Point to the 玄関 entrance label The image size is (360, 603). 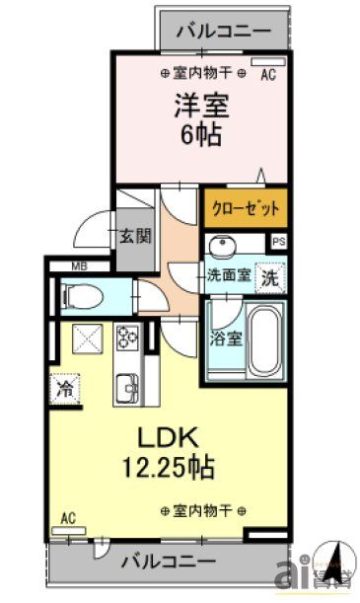tap(134, 236)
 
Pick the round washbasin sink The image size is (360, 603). tap(221, 247)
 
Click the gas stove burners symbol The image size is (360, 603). tap(128, 338)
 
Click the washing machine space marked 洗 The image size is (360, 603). tap(268, 278)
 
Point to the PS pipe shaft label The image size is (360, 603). tap(279, 240)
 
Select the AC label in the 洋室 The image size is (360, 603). tap(268, 74)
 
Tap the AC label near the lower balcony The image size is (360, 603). tap(68, 517)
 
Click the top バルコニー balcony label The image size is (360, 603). tap(223, 30)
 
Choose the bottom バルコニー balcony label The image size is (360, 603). tap(169, 563)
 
